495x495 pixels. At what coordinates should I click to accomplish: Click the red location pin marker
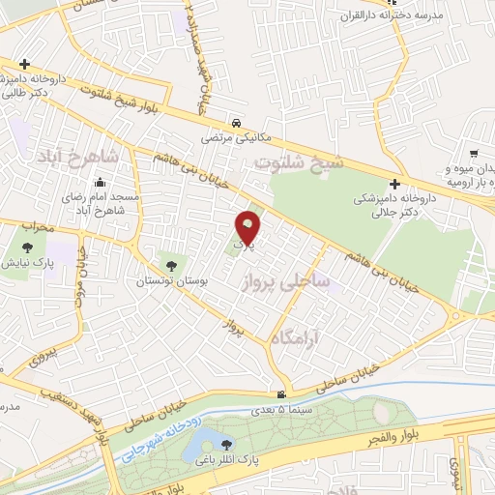[248, 227]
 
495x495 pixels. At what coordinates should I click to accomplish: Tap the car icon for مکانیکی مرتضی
[237, 124]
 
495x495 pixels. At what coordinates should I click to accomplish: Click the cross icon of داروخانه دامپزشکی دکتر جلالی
[394, 184]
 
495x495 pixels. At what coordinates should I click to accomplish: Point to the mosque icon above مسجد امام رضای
[100, 183]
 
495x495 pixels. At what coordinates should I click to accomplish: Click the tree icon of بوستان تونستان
[171, 264]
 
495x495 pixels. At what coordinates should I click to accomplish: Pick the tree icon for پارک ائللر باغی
[227, 446]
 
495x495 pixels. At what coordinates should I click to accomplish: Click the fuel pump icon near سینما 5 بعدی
[280, 393]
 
